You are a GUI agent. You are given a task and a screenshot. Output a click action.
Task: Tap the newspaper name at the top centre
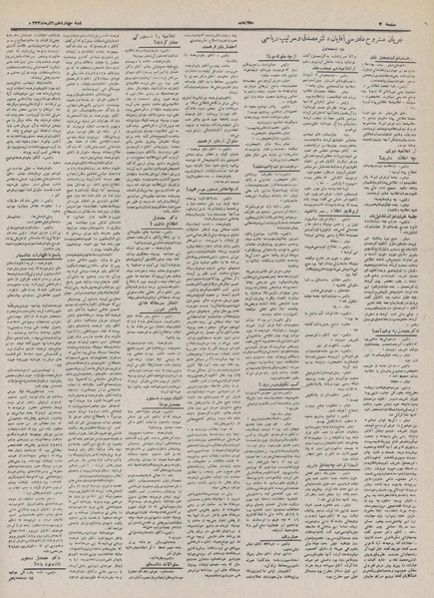[x=216, y=8]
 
